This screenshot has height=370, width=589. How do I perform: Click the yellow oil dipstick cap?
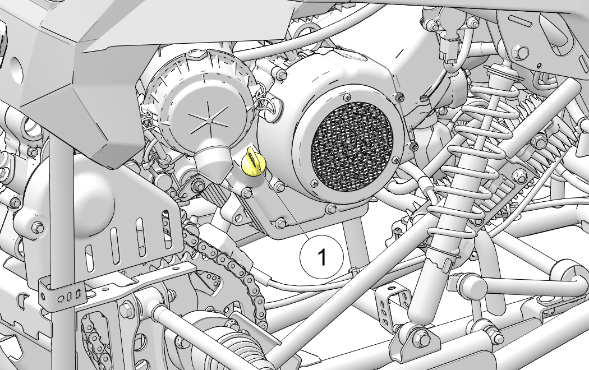pos(253,161)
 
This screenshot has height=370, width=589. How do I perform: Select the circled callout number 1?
pos(321,257)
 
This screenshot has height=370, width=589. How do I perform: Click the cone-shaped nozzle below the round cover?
pos(213,158)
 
